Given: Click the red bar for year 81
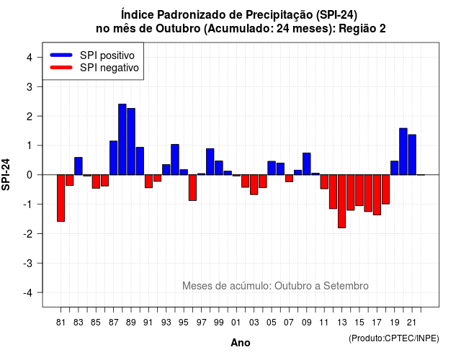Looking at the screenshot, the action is (x=61, y=198).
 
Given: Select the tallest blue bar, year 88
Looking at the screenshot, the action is (x=122, y=139).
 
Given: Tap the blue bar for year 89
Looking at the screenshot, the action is (x=131, y=141).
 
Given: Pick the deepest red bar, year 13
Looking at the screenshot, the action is (x=341, y=201).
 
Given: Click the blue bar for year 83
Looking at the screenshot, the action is (x=79, y=166).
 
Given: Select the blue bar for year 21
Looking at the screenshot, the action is (x=412, y=155).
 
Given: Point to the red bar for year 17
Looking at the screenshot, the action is (x=377, y=194).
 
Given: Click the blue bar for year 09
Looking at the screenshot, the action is (x=307, y=163).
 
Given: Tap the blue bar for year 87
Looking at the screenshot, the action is (x=114, y=158).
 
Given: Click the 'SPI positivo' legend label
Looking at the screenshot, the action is (x=107, y=55).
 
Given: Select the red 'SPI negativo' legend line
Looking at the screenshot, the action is (x=61, y=67).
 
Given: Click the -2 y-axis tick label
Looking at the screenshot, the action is (x=28, y=233).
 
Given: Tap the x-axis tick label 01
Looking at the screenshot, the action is (x=236, y=323).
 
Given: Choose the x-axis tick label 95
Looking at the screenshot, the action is (x=184, y=323).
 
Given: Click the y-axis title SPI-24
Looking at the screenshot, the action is (x=6, y=174).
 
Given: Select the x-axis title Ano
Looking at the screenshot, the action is (x=241, y=343).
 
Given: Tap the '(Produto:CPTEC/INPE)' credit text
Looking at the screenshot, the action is (x=394, y=338).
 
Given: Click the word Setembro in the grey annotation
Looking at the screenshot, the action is (x=346, y=286).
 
